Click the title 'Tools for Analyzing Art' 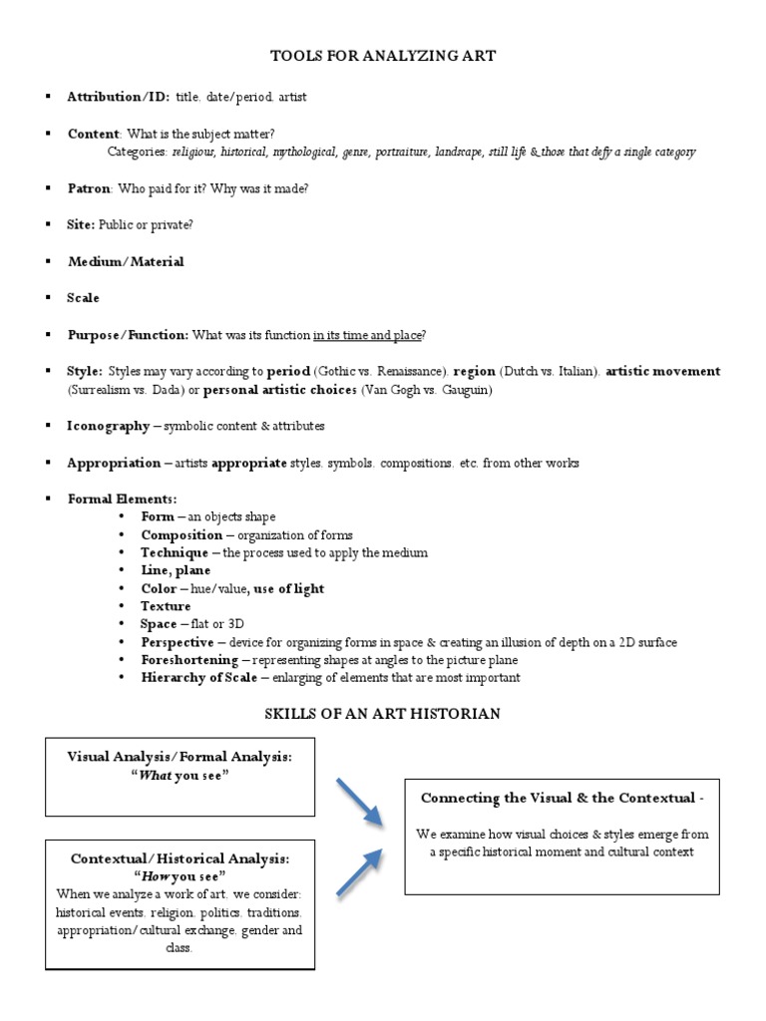click(x=383, y=56)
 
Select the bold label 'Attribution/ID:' click(x=118, y=97)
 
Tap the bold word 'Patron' click(x=89, y=187)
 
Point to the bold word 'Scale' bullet click(x=83, y=298)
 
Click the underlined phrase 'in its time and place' click(x=368, y=335)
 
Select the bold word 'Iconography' click(x=108, y=426)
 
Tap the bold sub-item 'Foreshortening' click(x=190, y=660)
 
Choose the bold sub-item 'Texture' click(x=166, y=606)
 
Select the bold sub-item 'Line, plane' click(x=176, y=570)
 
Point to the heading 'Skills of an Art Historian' click(x=382, y=714)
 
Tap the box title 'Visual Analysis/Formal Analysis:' click(x=180, y=758)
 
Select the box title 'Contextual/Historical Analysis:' click(x=180, y=858)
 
